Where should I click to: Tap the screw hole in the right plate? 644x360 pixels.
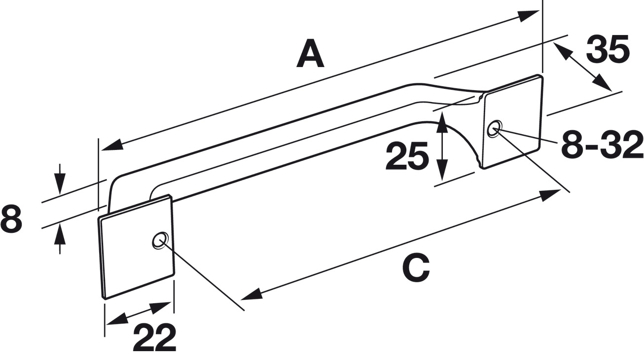[x=494, y=128]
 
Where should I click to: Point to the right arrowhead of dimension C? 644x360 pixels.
[x=550, y=195]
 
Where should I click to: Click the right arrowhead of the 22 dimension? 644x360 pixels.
[x=161, y=307]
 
